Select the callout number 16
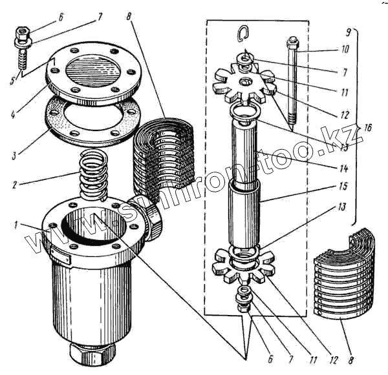point(368,128)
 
